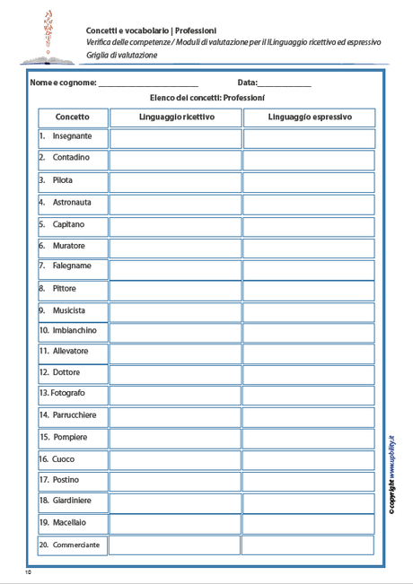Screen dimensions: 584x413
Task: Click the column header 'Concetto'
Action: [72, 118]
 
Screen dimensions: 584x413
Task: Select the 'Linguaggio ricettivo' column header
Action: [176, 118]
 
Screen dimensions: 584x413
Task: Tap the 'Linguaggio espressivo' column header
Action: [309, 118]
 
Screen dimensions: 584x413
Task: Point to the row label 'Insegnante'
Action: [71, 136]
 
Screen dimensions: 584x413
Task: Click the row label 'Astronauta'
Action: [72, 202]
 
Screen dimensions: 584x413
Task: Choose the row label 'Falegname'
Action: [71, 266]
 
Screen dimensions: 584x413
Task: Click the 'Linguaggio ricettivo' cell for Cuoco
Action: [176, 460]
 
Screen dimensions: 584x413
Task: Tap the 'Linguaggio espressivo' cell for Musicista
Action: [309, 310]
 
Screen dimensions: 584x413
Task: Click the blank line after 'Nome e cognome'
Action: [148, 83]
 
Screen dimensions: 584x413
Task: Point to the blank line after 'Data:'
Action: [285, 83]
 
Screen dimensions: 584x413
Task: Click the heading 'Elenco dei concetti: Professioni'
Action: [206, 98]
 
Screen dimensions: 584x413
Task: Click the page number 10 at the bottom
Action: [29, 571]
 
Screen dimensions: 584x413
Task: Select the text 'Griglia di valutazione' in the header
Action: [122, 56]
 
